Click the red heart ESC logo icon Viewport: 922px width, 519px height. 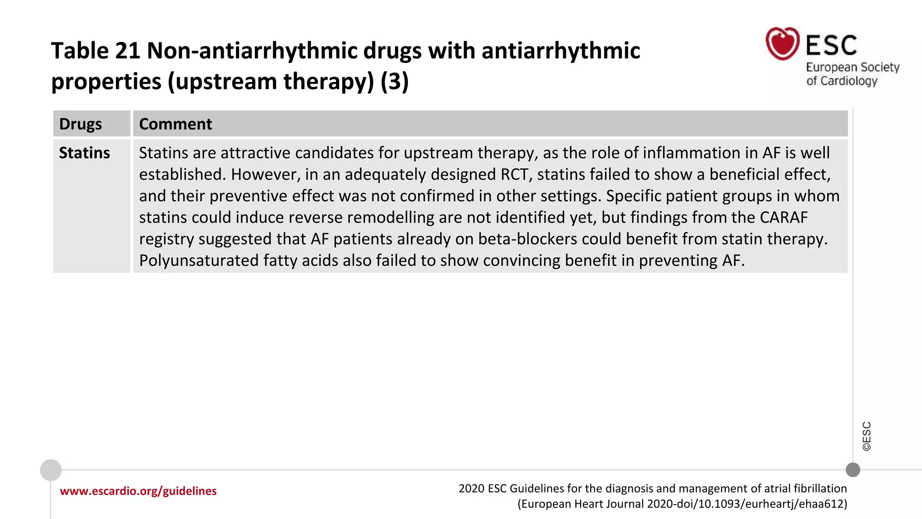(x=782, y=44)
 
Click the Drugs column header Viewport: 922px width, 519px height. (x=81, y=124)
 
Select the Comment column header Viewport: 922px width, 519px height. (x=175, y=124)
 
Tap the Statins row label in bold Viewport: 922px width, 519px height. (x=84, y=153)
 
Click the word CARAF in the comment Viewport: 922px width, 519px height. (x=783, y=218)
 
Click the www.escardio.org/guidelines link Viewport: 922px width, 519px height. (x=138, y=491)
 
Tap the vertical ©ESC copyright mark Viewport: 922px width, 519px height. (x=867, y=436)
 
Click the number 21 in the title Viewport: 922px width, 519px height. (x=127, y=50)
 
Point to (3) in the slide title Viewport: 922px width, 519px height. (x=394, y=82)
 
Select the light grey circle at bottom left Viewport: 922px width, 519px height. (x=51, y=470)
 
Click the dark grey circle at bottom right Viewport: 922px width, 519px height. (x=853, y=470)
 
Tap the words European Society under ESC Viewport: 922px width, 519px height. (x=852, y=68)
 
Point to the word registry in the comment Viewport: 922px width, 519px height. (x=166, y=239)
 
